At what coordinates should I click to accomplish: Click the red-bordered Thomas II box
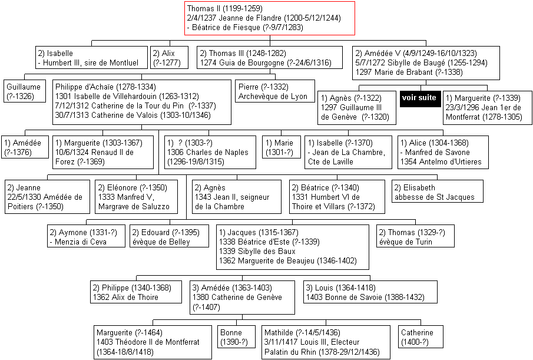(x=270, y=18)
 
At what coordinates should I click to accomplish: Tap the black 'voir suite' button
(x=420, y=98)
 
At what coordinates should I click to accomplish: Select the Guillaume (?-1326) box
(x=25, y=91)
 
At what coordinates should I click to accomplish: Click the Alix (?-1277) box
(x=169, y=58)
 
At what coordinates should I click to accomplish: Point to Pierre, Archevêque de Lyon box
(x=275, y=91)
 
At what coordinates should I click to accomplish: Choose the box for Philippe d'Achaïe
(x=142, y=102)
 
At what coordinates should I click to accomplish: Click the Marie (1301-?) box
(x=282, y=147)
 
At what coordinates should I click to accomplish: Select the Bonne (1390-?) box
(x=236, y=337)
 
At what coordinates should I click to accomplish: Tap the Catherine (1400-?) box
(x=421, y=337)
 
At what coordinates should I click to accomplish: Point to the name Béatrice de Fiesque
(x=226, y=27)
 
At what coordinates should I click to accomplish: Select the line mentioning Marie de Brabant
(x=409, y=72)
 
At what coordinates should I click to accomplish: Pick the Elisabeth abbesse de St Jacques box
(x=437, y=191)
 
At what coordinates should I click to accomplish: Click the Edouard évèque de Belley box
(x=169, y=236)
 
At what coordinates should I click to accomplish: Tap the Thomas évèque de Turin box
(x=415, y=236)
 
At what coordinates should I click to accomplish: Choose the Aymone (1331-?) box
(x=86, y=236)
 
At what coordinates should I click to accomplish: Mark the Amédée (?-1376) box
(x=26, y=147)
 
